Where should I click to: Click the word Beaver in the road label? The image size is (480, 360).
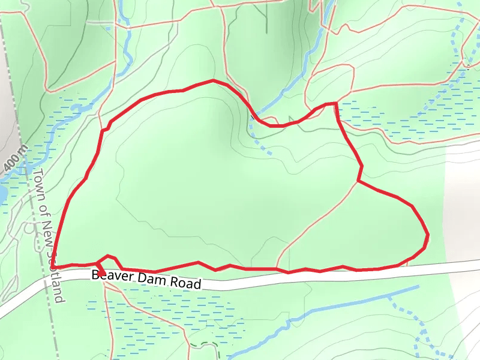[x=111, y=277]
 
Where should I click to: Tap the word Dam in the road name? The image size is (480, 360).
[x=151, y=280]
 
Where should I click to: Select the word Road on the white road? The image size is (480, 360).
[x=185, y=283]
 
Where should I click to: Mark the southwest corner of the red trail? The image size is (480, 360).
[x=53, y=266]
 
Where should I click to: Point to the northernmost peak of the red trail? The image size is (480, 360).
[x=213, y=80]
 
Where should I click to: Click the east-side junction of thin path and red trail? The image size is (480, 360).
[x=358, y=180]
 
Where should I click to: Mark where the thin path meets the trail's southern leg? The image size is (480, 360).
[x=277, y=269]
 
